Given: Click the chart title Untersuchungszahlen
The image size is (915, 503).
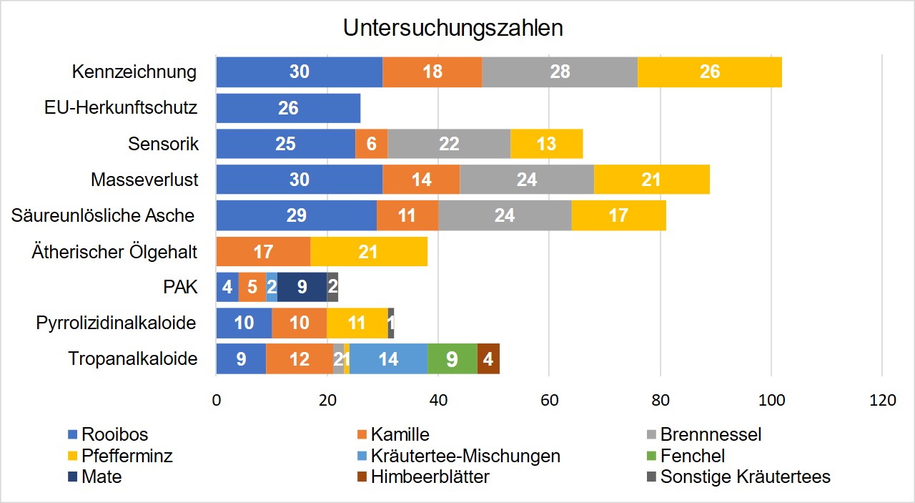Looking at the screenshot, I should (x=452, y=28).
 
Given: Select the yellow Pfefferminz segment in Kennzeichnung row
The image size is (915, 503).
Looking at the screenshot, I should (x=709, y=72).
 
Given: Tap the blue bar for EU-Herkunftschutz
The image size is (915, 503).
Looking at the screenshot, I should (x=288, y=108).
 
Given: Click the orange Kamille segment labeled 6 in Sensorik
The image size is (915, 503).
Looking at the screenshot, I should (x=371, y=144).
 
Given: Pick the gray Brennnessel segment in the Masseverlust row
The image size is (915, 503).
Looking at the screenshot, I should (x=526, y=179).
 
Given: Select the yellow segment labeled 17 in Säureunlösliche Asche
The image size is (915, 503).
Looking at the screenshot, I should (x=618, y=215).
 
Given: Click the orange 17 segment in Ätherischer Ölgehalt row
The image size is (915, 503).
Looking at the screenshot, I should (x=263, y=251).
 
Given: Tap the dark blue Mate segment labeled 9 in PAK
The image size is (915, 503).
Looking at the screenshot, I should (x=302, y=287).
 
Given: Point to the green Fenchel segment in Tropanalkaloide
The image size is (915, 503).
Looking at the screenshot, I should (x=452, y=358).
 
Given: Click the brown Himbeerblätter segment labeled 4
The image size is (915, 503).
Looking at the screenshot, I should (x=488, y=358).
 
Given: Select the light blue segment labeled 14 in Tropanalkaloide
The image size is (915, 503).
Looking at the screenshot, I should (x=388, y=358).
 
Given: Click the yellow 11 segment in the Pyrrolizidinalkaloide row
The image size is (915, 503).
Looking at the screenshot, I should (x=357, y=323).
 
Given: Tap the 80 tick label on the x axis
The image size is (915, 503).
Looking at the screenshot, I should (x=659, y=401).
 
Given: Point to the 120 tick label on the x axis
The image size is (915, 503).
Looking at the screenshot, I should (x=881, y=401).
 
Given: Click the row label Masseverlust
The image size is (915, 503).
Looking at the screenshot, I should (x=144, y=180).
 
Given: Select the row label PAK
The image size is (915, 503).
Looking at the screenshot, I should (x=181, y=287).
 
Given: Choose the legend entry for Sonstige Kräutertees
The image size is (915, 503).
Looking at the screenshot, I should (x=745, y=477).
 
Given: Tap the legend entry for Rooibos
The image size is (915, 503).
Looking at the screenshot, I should (x=114, y=434).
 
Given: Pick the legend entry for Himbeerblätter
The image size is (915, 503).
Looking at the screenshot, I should (x=430, y=477).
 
